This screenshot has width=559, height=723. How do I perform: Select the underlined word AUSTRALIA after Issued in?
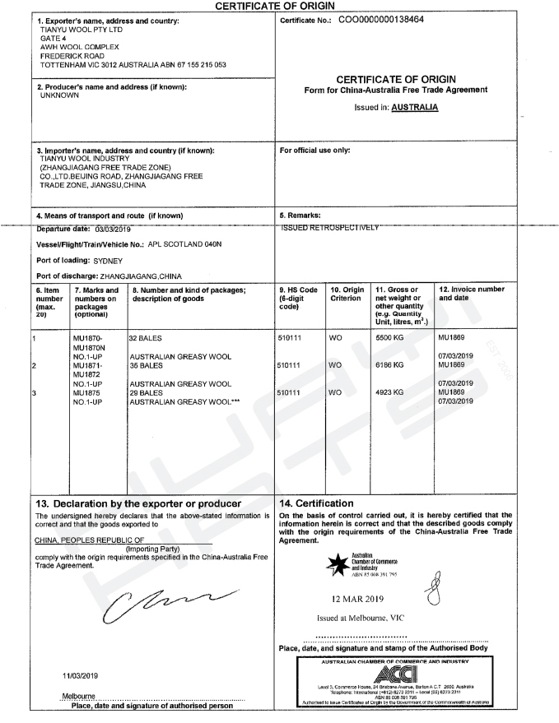tap(415, 108)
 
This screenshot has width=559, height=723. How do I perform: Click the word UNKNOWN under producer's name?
tap(59, 95)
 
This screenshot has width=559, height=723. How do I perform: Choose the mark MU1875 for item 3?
tap(87, 392)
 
